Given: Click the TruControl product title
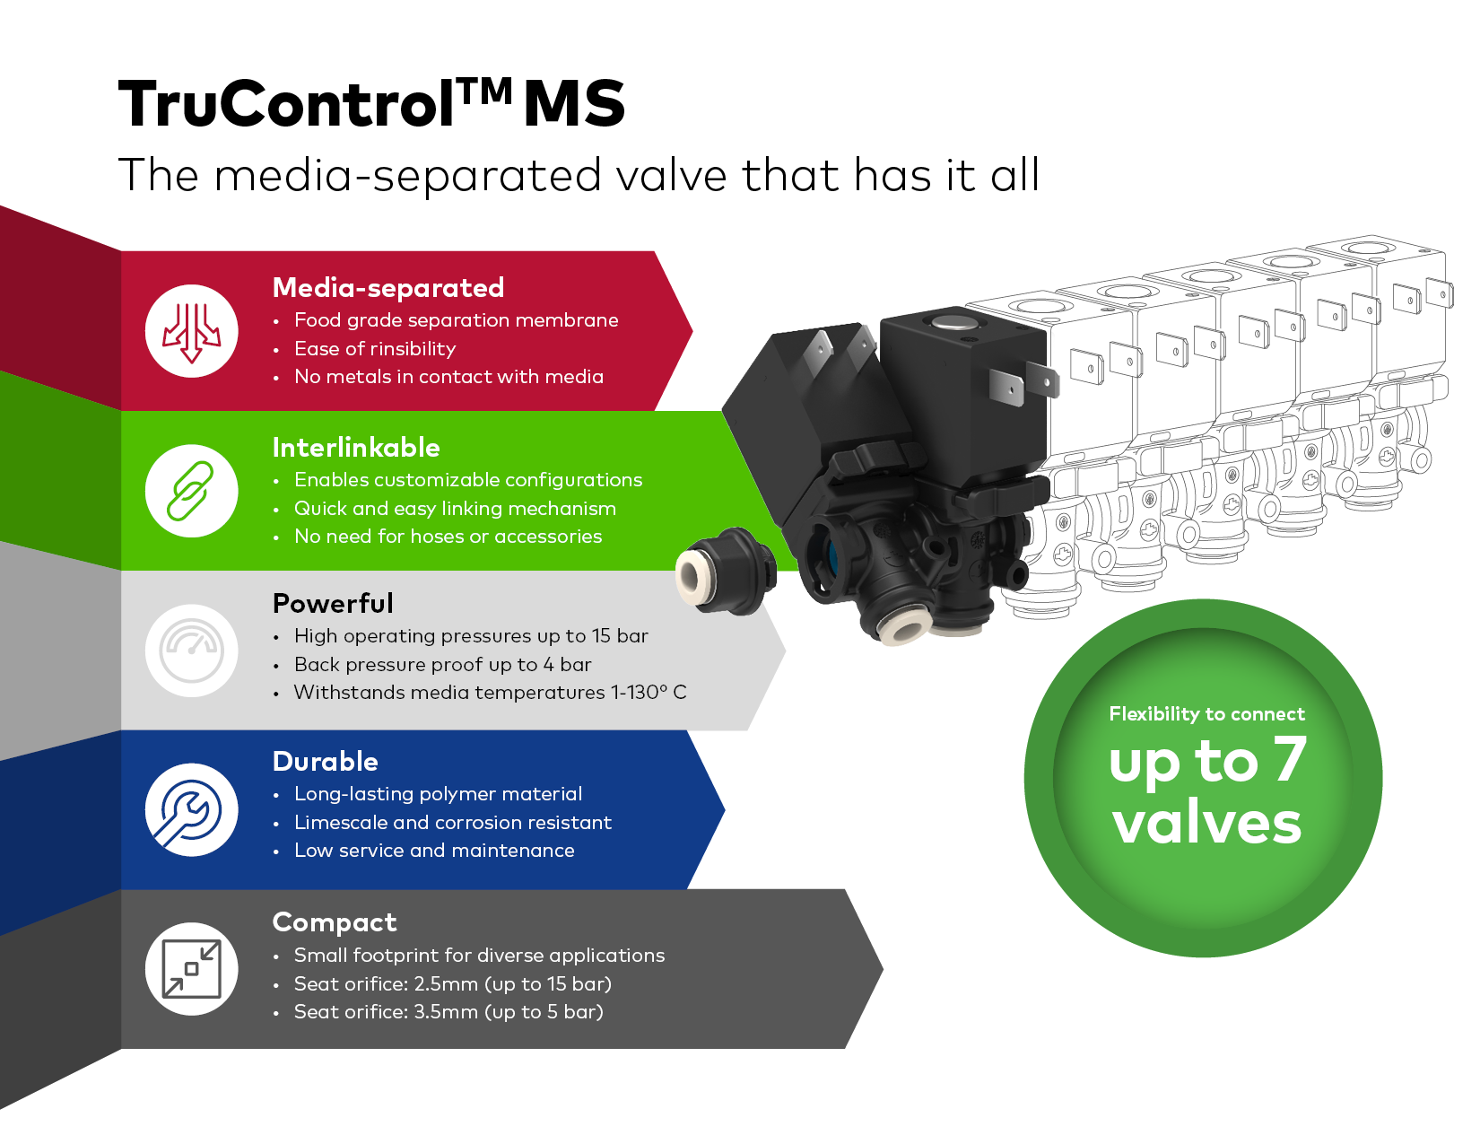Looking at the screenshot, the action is tap(371, 103).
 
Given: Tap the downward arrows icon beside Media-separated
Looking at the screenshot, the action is tap(191, 332).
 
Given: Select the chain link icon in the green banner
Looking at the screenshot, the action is tap(191, 492).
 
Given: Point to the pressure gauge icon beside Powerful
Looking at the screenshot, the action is tap(191, 651).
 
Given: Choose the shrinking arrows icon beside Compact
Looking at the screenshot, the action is tap(191, 969).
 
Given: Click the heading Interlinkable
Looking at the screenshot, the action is tap(356, 448).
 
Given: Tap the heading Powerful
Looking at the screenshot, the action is tap(333, 604).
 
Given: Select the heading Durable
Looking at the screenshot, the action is tap(326, 762).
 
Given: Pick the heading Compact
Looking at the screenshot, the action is tap(335, 922).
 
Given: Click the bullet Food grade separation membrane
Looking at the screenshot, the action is tap(457, 320).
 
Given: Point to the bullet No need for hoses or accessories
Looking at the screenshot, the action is tap(448, 537).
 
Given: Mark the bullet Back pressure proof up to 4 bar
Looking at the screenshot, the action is tap(443, 664).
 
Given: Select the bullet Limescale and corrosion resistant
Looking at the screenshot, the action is tap(453, 823).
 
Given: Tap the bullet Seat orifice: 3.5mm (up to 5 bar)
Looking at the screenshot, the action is tap(448, 1012).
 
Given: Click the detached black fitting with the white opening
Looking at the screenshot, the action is tap(726, 571).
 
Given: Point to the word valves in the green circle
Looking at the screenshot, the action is tap(1207, 823).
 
